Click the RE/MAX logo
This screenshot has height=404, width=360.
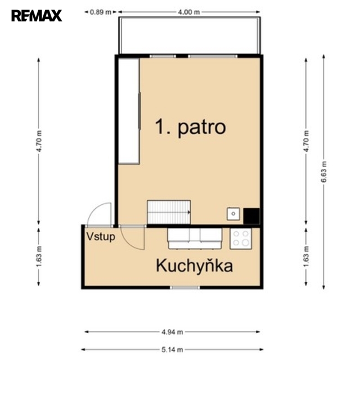[37, 16]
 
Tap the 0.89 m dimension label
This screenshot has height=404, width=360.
[101, 12]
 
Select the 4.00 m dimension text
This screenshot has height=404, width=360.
[189, 12]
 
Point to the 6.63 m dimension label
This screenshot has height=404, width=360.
[323, 172]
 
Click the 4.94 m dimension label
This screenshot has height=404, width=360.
[172, 332]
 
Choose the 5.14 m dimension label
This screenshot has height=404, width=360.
[172, 349]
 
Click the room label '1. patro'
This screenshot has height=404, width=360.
[191, 127]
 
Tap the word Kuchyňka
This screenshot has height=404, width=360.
[195, 266]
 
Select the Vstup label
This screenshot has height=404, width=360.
[101, 237]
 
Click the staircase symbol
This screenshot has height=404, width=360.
[169, 212]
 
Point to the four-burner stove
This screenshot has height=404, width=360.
[241, 239]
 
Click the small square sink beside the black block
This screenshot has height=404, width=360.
[233, 214]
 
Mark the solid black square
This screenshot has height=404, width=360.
[251, 216]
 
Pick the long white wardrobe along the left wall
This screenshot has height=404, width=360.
[129, 111]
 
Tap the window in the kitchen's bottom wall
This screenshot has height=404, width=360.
[185, 288]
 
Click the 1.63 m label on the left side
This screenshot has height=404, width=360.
[39, 257]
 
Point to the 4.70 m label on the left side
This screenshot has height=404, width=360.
[39, 141]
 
